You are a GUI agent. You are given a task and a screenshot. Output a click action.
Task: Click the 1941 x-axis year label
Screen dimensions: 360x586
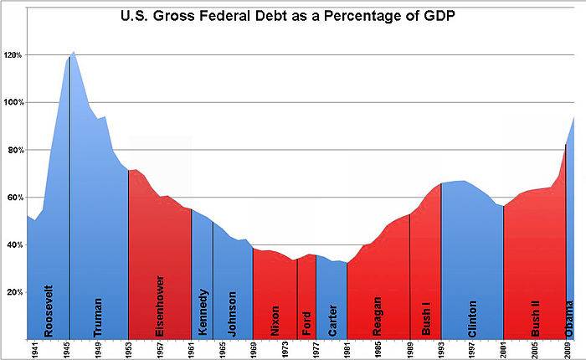click(34, 350)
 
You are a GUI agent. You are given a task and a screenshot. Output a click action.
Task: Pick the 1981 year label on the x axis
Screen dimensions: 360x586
click(347, 350)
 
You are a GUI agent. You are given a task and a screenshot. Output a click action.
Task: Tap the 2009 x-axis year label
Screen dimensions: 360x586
click(567, 350)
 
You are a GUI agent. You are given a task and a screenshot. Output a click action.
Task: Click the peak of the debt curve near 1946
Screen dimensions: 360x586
click(74, 52)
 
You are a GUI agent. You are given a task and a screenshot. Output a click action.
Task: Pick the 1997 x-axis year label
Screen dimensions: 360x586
click(472, 350)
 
